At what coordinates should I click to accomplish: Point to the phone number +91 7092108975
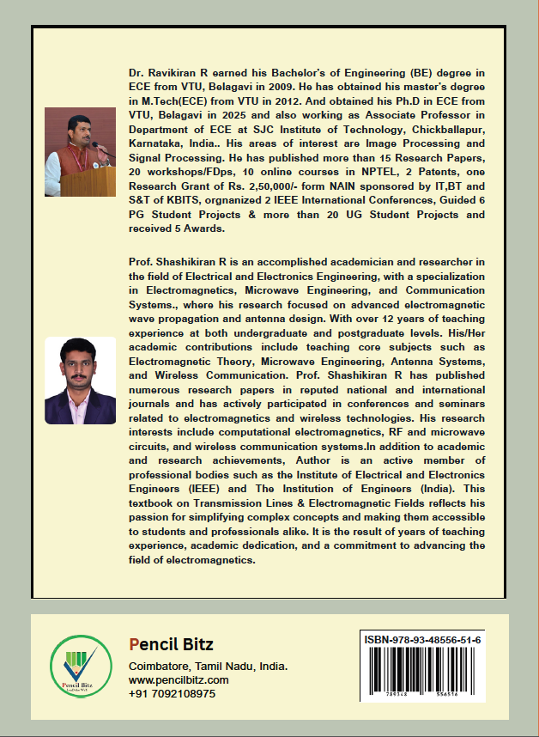(172, 693)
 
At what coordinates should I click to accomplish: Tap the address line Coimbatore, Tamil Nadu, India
(208, 667)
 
